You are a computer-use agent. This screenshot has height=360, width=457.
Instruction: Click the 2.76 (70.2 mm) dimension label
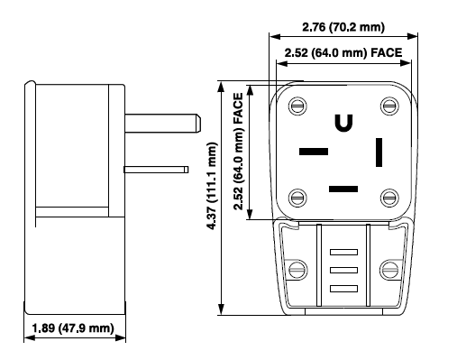click(343, 27)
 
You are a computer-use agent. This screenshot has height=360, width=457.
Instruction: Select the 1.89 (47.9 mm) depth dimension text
click(73, 328)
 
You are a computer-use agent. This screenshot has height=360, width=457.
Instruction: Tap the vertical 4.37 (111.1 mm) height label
click(212, 186)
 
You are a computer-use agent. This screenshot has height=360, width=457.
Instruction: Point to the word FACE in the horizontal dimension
click(387, 52)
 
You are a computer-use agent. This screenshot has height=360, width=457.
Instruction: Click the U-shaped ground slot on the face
click(343, 123)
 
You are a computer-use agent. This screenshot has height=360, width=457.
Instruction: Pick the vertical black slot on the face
click(379, 152)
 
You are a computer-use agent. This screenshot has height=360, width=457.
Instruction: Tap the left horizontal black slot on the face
click(314, 152)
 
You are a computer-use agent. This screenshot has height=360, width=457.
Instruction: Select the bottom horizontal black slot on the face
click(343, 189)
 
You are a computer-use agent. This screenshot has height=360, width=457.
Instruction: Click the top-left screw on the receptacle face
click(297, 106)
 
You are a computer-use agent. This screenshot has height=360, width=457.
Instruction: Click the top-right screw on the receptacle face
click(389, 106)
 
